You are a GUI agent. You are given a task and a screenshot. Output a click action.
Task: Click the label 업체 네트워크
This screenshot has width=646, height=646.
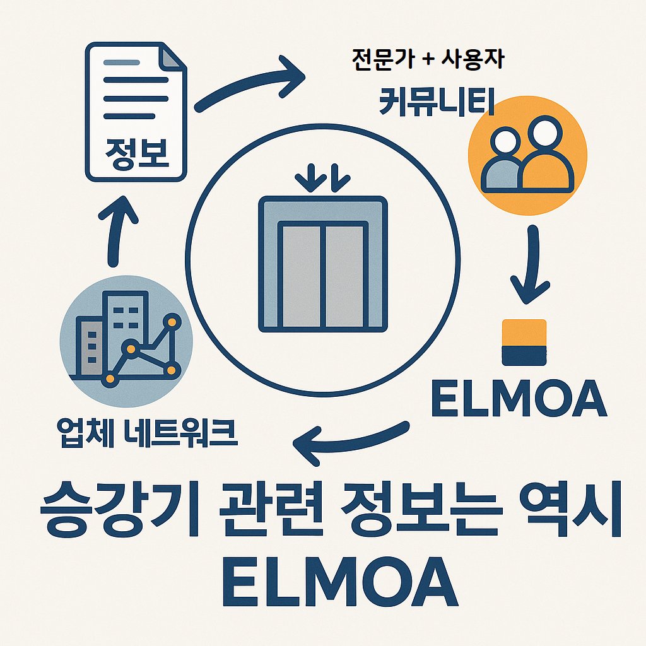[x=147, y=433]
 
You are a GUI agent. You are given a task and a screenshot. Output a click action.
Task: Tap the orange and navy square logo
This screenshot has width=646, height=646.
[x=523, y=342]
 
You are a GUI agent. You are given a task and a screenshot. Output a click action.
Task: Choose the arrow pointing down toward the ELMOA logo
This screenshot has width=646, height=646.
[x=531, y=265]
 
